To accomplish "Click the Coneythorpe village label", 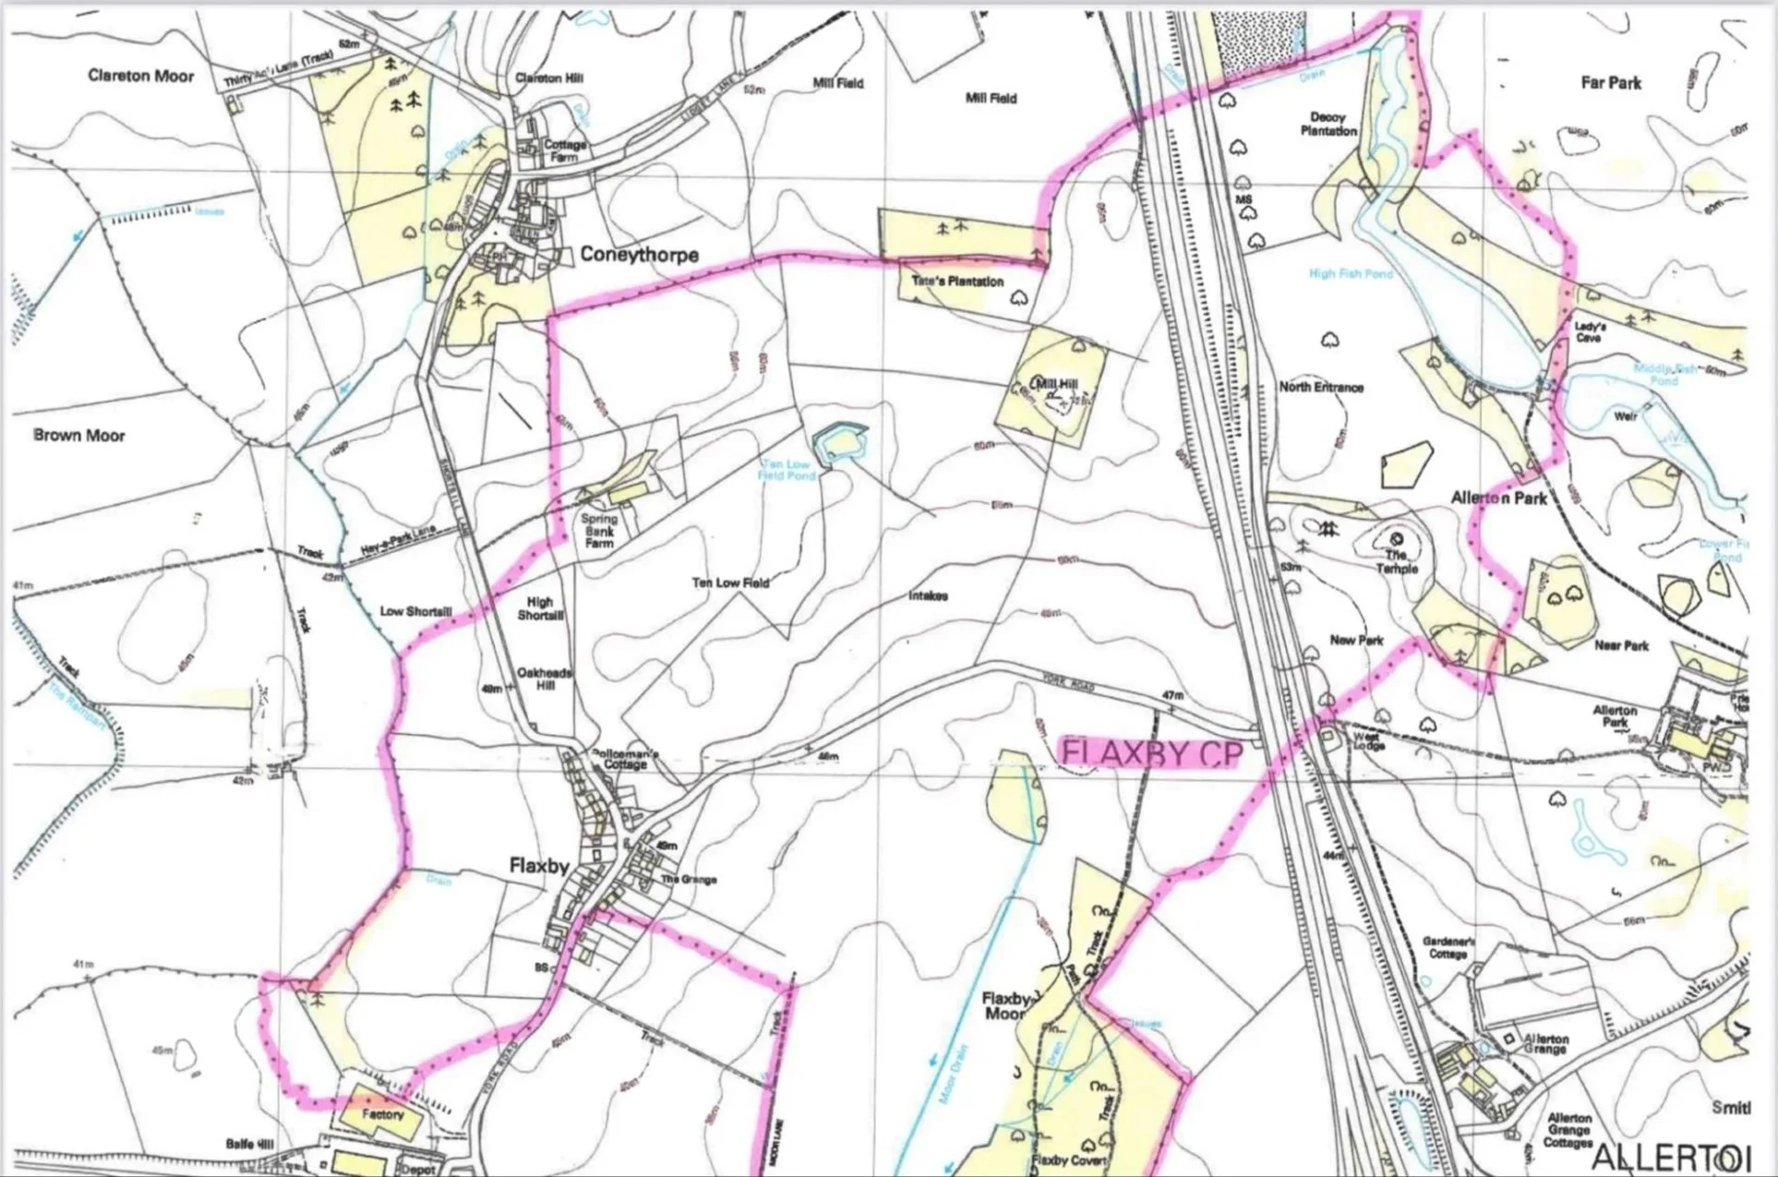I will [639, 255].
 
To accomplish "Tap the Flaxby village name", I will [539, 865].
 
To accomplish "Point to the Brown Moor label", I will [79, 435].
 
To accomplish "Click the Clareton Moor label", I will [141, 76].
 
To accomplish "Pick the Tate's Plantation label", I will [956, 282].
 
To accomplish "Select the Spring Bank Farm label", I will [599, 531].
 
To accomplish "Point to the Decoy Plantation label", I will [1328, 124].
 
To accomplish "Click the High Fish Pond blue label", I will [1351, 273].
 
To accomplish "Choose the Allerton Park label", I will [1498, 498].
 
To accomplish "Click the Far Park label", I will [1611, 83].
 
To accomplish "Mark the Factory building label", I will [382, 1114].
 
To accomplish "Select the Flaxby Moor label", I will [1005, 1006].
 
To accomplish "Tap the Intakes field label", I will [928, 596].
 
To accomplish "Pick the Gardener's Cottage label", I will [1448, 947].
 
